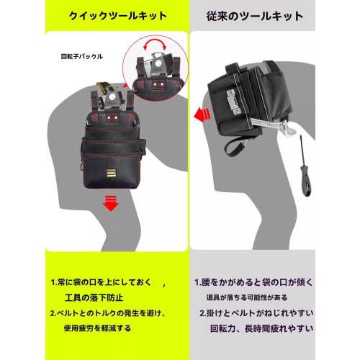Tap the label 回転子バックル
82,55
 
